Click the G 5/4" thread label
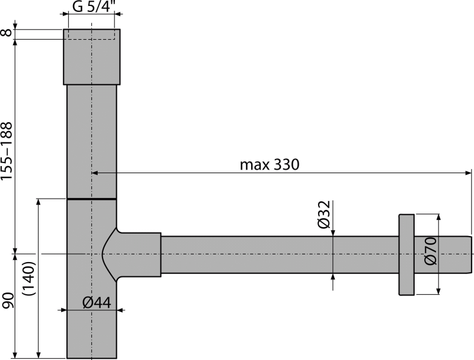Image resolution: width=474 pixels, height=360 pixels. click(x=92, y=8)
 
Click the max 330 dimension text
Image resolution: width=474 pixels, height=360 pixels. click(x=270, y=165)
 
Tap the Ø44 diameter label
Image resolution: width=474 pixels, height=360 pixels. click(x=97, y=302)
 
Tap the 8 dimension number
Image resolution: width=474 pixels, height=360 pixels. click(x=7, y=33)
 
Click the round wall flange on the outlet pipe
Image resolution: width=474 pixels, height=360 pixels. click(x=406, y=254)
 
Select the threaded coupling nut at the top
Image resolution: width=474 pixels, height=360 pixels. click(x=92, y=56)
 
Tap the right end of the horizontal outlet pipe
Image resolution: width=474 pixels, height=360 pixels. click(x=468, y=254)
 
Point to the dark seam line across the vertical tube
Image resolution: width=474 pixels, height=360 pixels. click(x=91, y=197)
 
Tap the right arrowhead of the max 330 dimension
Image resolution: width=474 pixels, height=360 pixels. click(x=467, y=173)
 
